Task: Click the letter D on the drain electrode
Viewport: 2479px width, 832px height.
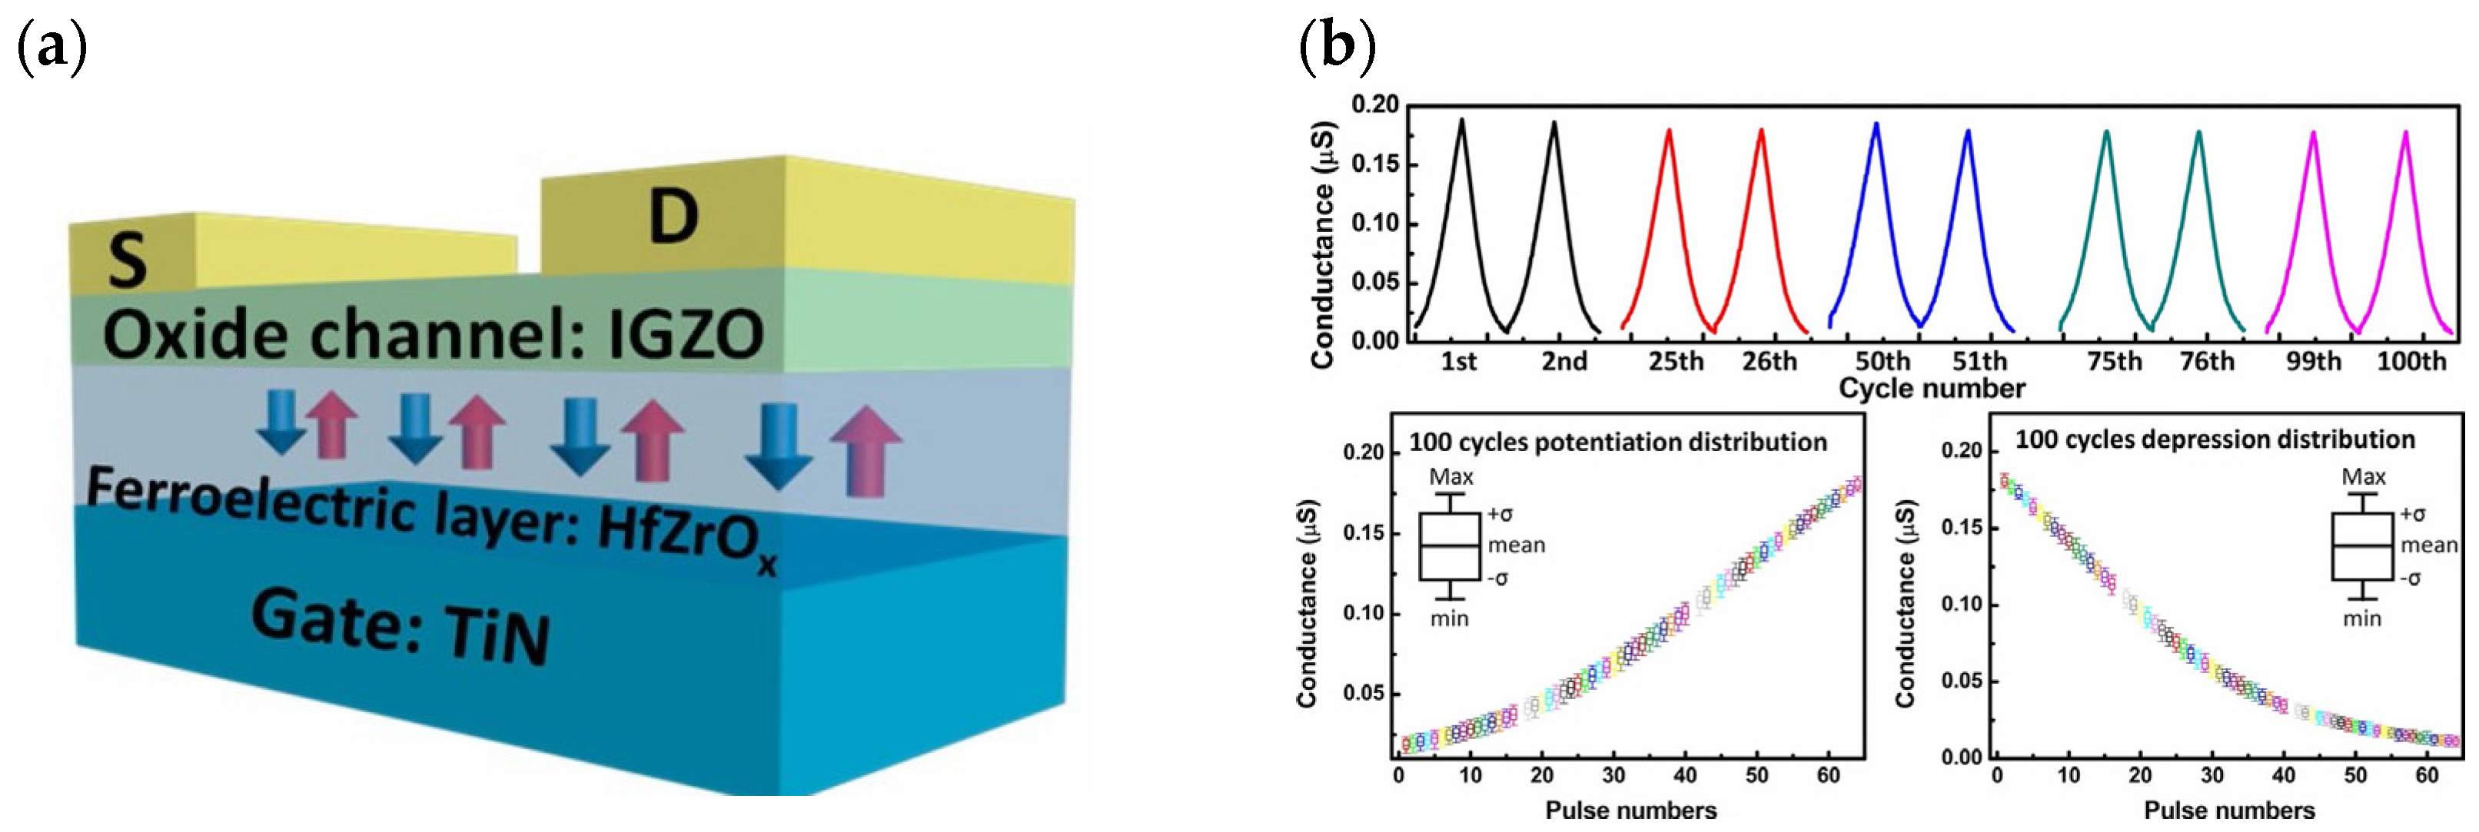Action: tap(673, 217)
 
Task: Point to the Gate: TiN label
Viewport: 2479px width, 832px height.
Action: tap(400, 626)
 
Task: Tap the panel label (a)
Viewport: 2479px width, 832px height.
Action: tap(53, 48)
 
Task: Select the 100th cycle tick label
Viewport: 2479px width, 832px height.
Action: tap(2411, 362)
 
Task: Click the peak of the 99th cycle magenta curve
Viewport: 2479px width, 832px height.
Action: tap(2312, 134)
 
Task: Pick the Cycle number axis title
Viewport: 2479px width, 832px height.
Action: tap(1932, 389)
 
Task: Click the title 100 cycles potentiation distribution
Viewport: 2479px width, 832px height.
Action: tap(1618, 442)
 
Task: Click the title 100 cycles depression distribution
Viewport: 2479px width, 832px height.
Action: tap(2215, 439)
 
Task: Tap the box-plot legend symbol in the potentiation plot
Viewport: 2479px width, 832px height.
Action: tap(1449, 545)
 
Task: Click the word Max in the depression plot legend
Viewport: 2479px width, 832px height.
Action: tap(2364, 477)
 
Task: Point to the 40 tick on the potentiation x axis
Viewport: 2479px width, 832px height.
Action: tap(1684, 775)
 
